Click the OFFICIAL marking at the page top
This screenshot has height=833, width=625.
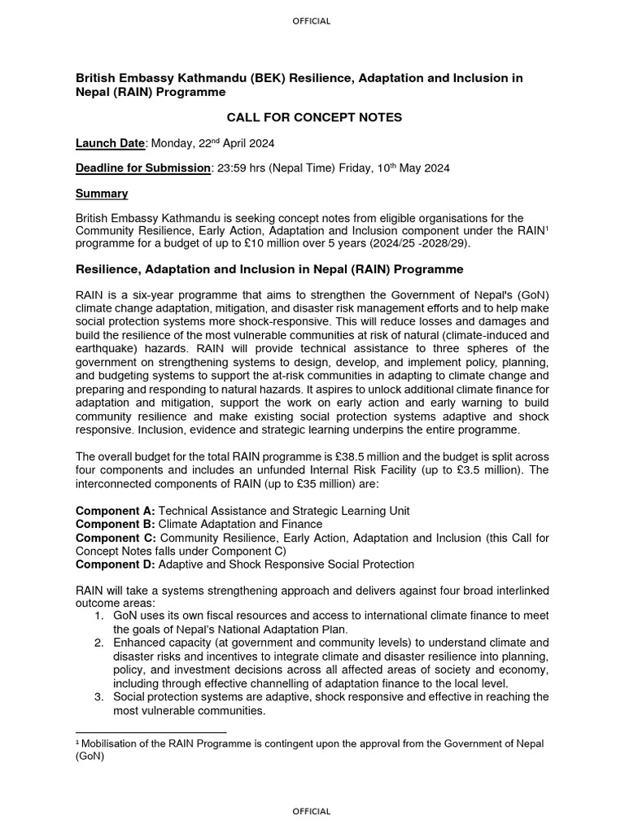pos(312,21)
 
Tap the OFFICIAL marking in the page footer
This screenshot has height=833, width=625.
pos(312,811)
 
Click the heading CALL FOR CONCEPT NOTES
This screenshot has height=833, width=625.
pos(313,118)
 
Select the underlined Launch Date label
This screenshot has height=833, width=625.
pos(110,143)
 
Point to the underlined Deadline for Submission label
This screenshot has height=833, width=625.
pos(143,168)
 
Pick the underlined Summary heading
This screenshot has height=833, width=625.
pos(102,194)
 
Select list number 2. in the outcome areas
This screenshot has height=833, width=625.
pos(98,643)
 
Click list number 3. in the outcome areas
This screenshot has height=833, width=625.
pos(98,697)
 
